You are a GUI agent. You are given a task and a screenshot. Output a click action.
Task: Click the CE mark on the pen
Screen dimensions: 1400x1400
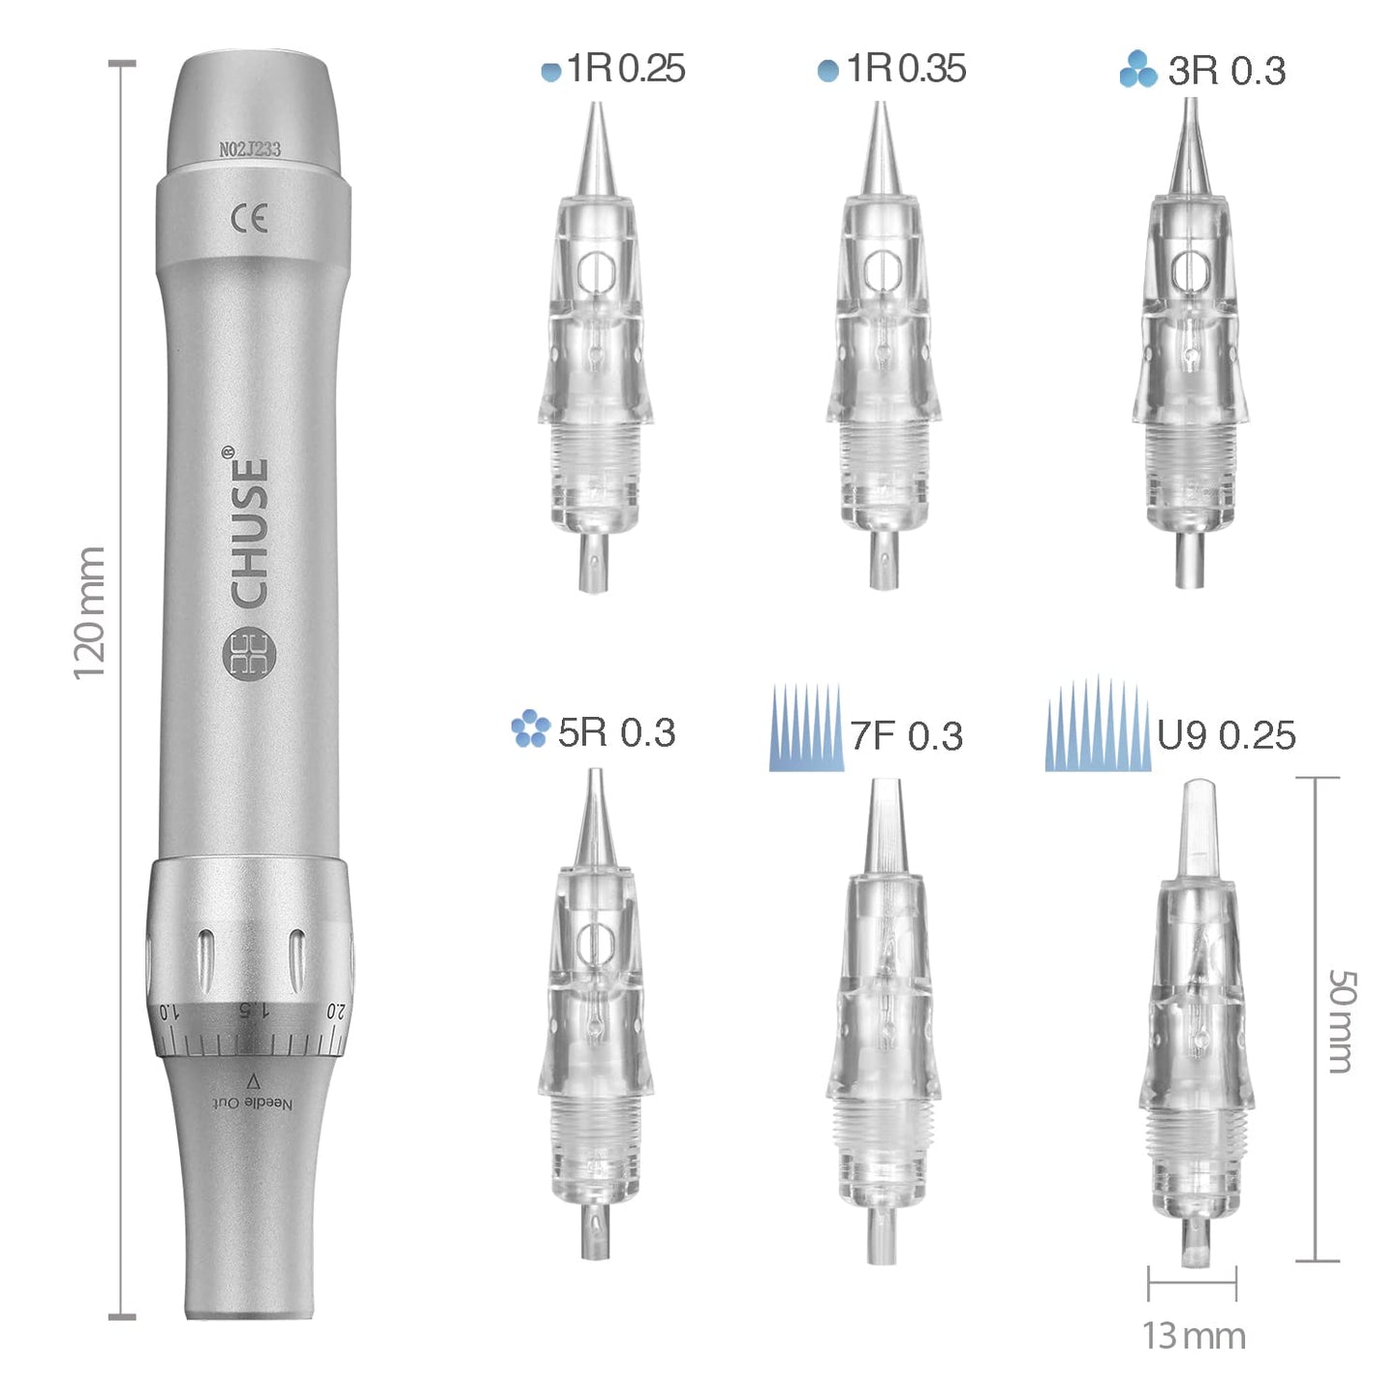pyautogui.click(x=249, y=219)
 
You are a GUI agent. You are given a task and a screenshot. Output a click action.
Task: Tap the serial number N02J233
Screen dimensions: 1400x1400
pyautogui.click(x=250, y=149)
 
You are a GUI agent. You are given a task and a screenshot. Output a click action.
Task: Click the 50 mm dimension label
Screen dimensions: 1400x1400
pyautogui.click(x=1341, y=1021)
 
